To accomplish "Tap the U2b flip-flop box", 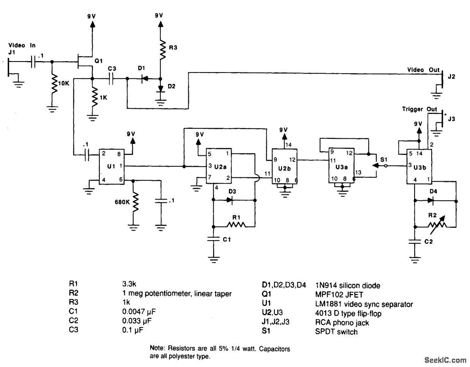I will (284, 166).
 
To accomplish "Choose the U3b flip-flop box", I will (419, 166).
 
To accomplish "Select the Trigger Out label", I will (420, 109).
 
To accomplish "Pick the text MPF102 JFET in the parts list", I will (339, 294).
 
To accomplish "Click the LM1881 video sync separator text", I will (364, 304).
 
